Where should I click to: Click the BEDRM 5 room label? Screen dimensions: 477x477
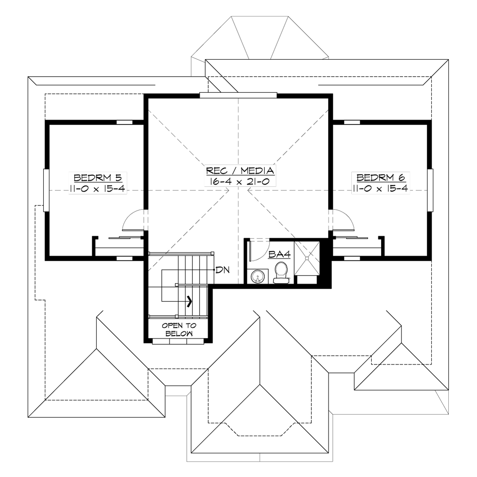97,177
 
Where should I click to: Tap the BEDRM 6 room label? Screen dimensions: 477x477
380,177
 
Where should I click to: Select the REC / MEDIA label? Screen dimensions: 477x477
240,171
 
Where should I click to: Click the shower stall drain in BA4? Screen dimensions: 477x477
307,258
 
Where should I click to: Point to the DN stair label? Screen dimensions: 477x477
221,270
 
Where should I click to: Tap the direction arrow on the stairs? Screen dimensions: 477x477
190,301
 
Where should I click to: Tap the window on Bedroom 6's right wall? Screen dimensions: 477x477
430,189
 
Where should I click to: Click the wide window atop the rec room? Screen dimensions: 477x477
238,95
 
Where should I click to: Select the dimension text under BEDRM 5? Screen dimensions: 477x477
97,188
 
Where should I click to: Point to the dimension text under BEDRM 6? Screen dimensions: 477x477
380,188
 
